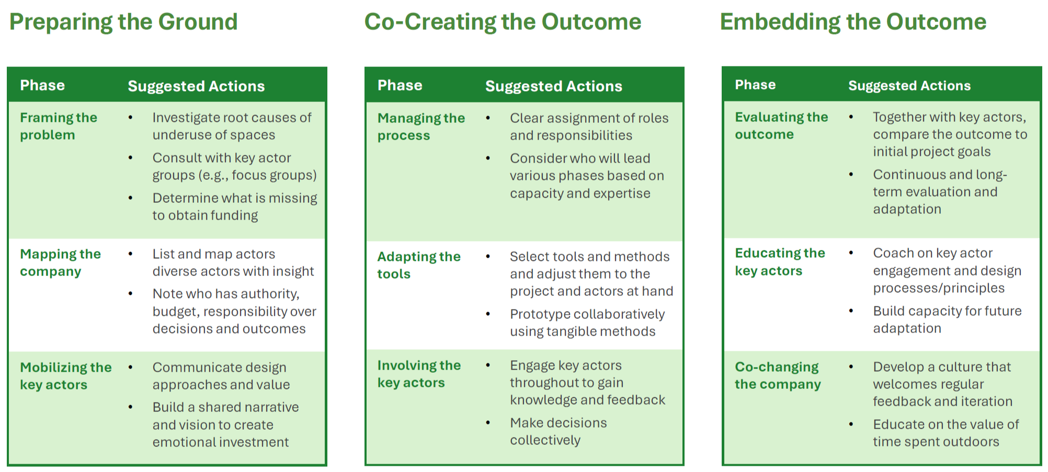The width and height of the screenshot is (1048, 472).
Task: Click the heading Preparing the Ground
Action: pyautogui.click(x=123, y=22)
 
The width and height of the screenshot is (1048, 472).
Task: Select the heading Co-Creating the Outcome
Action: pyautogui.click(x=503, y=22)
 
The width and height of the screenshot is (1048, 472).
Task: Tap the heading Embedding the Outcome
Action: pyautogui.click(x=853, y=22)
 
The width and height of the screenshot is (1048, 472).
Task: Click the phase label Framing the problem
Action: pyautogui.click(x=58, y=126)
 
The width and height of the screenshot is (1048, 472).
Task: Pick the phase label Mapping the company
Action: pyautogui.click(x=60, y=262)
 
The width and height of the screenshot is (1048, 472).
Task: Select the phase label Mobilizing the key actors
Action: pyautogui.click(x=65, y=376)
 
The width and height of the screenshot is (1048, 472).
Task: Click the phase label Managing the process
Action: pyautogui.click(x=421, y=126)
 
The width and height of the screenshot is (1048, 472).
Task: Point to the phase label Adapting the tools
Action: pyautogui.click(x=418, y=265)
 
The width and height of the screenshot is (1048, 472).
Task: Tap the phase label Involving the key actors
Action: pyautogui.click(x=418, y=374)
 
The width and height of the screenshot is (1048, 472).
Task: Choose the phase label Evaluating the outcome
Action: pyautogui.click(x=781, y=125)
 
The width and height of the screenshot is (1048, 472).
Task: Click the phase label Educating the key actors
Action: pyautogui.click(x=779, y=261)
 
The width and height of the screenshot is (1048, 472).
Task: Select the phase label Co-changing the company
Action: pyautogui.click(x=777, y=375)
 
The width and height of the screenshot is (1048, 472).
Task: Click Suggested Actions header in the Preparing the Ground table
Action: pyautogui.click(x=196, y=86)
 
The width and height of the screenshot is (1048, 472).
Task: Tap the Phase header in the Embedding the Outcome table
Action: pyautogui.click(x=755, y=85)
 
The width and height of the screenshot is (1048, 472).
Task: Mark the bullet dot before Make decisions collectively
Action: pyautogui.click(x=488, y=423)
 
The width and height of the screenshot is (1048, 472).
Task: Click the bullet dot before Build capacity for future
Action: pyautogui.click(x=851, y=311)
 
